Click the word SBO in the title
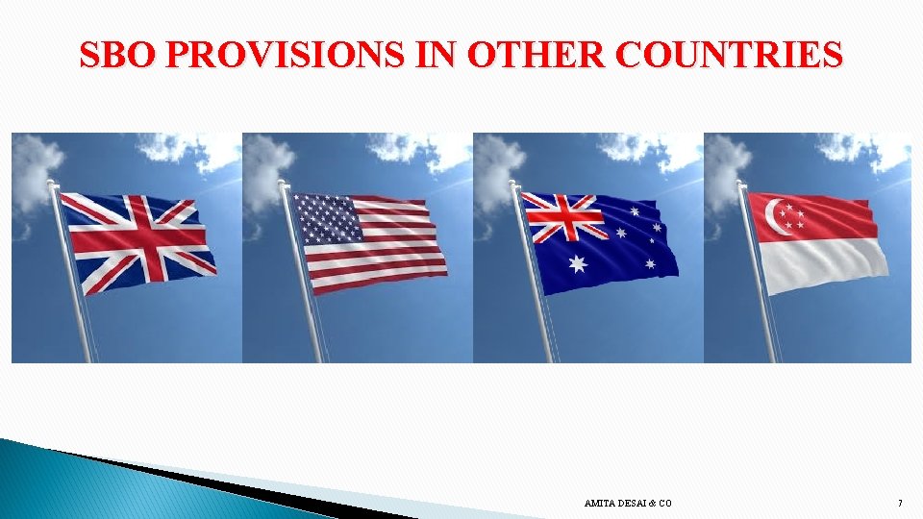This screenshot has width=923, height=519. point(118,55)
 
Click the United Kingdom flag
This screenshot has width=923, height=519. point(138,242)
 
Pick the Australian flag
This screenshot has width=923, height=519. point(601,242)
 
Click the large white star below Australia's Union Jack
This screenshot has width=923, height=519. point(577,264)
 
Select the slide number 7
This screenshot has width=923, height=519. point(899,504)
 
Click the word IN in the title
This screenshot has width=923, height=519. point(443,55)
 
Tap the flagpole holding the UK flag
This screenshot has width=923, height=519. point(72,279)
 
